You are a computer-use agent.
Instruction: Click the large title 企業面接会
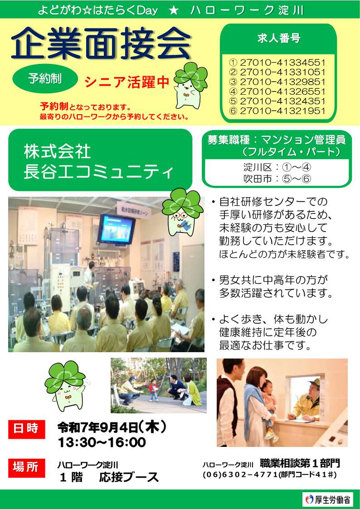tap(101, 44)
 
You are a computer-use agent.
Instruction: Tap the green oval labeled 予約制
tap(45, 78)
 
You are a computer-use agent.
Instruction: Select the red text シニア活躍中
tap(127, 82)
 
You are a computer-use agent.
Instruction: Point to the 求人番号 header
tap(278, 39)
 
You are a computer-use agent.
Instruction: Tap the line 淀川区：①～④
tap(277, 167)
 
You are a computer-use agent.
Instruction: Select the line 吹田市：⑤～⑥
tap(277, 178)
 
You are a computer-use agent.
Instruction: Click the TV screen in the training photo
tap(117, 229)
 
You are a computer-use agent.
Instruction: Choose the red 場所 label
tap(27, 467)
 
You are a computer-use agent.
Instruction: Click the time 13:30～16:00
tap(102, 442)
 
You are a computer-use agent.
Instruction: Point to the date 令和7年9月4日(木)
tap(112, 427)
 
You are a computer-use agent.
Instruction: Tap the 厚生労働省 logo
tap(327, 499)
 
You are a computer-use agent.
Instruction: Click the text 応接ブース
tap(129, 477)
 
